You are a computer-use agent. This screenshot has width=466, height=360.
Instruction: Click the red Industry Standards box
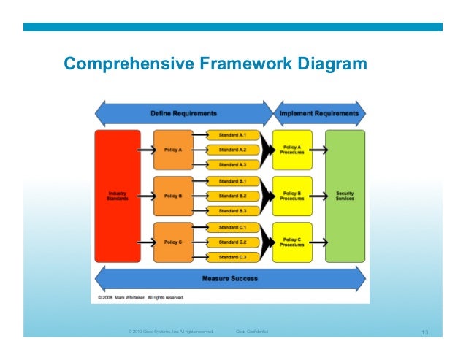118,196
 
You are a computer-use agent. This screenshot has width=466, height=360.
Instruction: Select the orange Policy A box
173,150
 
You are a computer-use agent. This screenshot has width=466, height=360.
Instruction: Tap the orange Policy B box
173,196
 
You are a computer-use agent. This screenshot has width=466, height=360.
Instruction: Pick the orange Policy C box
173,242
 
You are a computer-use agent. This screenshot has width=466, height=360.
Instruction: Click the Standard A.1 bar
233,135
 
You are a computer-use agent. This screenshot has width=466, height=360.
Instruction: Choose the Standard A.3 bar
233,165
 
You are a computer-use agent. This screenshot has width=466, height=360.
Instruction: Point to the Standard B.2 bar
233,196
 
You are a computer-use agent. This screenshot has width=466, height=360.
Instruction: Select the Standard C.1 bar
233,227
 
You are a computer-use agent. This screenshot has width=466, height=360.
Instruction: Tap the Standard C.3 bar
233,257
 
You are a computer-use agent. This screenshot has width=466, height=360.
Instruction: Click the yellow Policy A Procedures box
292,150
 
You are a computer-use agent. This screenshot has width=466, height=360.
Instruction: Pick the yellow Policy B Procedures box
292,196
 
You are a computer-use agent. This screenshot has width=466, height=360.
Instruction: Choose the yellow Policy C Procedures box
292,242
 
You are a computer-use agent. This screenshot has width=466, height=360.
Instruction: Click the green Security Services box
345,196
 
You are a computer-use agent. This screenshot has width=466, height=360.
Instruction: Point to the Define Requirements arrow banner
184,114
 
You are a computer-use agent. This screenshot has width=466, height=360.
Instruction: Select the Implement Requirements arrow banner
319,114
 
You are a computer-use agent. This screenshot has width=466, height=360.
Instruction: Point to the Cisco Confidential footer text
252,332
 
